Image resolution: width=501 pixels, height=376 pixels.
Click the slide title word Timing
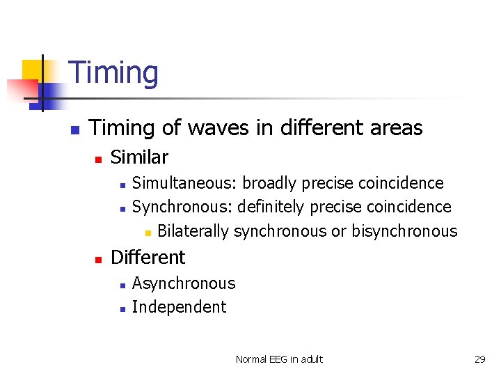pos(114,73)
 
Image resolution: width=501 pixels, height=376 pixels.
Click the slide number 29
pos(479,359)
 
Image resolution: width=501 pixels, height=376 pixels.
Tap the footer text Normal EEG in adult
pos(279,359)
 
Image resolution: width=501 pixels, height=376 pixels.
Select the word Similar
pos(139,157)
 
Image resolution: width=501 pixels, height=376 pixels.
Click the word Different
pos(148,258)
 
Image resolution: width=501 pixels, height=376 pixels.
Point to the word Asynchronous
pos(184,283)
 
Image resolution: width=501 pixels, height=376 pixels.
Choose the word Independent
pos(179,307)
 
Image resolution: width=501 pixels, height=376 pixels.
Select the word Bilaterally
pos(193,231)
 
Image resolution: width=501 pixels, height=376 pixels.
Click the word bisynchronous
pos(404,231)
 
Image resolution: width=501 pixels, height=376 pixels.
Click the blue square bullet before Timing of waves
pos(74,130)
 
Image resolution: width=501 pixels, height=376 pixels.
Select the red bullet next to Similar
pos(98,159)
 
